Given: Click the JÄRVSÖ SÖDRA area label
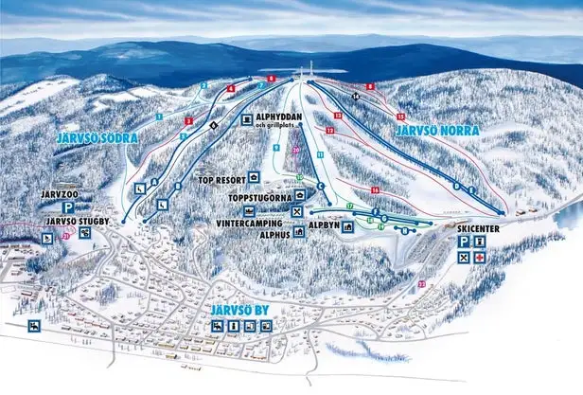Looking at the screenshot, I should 97,138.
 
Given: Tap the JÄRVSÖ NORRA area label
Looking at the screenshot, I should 436,130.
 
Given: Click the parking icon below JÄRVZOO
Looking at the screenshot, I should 69,206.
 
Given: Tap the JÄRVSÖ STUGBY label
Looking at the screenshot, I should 77,222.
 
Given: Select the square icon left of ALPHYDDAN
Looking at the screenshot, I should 246,120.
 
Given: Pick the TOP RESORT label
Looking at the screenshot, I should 221,178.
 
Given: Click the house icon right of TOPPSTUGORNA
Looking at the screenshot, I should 298,195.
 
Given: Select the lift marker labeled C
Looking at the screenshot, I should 320,186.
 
